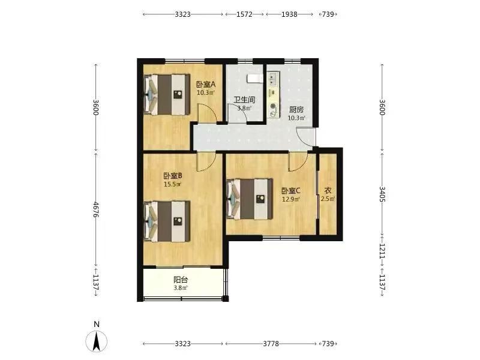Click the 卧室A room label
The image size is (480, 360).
(x=206, y=84)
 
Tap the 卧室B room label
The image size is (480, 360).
(x=173, y=176)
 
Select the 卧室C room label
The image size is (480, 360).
(x=291, y=191)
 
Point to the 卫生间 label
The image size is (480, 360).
(x=244, y=100)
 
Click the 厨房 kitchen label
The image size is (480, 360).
(x=296, y=110)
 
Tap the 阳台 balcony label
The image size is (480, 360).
(x=181, y=280)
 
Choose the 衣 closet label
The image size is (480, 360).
(x=328, y=191)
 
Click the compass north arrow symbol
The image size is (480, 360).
(x=97, y=341)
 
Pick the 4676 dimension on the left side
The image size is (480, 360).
(x=96, y=209)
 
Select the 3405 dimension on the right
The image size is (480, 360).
(x=382, y=194)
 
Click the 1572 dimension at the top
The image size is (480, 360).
(x=244, y=14)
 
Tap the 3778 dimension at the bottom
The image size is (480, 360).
(x=271, y=344)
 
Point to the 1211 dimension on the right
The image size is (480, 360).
(x=382, y=251)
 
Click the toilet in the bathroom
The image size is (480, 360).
(x=254, y=79)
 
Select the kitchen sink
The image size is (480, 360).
(x=273, y=79)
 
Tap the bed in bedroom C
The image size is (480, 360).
(x=250, y=199)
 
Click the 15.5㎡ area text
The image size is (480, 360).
(x=173, y=184)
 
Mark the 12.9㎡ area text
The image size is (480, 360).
(x=291, y=199)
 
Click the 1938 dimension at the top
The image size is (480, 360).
(x=289, y=14)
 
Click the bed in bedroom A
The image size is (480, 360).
(x=167, y=95)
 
